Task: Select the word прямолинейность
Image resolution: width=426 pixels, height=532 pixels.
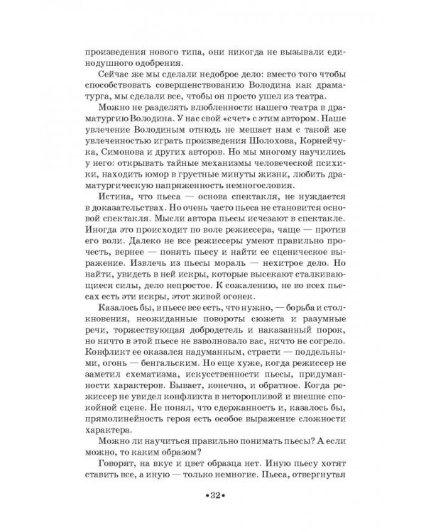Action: pyautogui.click(x=127, y=443)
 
